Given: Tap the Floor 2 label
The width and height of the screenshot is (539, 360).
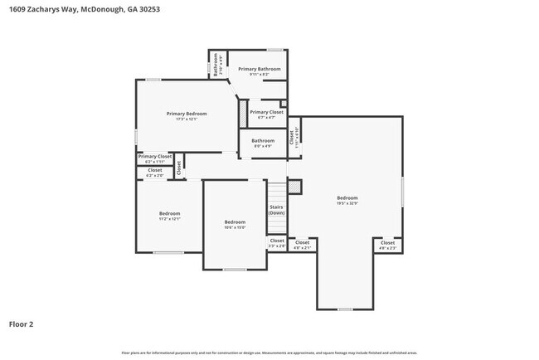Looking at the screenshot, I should click(x=22, y=324).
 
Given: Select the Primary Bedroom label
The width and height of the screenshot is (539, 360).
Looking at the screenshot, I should click(x=186, y=114).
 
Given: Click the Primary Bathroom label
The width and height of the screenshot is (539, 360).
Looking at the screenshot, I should click(x=260, y=69).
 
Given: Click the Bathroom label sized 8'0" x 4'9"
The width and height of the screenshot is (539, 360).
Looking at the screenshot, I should click(x=263, y=141).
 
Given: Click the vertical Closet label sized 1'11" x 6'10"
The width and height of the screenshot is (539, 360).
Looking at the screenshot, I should click(x=293, y=137).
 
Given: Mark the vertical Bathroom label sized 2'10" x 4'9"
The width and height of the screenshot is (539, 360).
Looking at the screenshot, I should click(x=216, y=65).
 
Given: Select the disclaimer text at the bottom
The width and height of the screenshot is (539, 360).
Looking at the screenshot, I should click(x=269, y=353).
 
